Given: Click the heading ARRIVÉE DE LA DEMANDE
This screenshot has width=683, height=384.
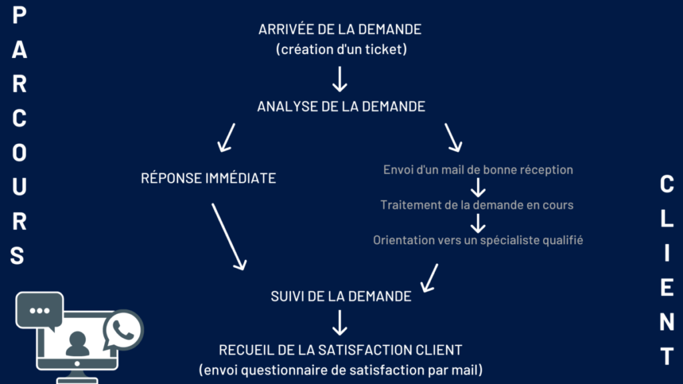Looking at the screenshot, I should point(340,29).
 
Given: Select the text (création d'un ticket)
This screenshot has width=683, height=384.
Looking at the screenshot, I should point(340,49).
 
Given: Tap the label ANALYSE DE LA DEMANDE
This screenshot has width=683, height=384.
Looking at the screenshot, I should point(341,106).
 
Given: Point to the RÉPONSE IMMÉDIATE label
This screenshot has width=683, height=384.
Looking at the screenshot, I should point(209,178).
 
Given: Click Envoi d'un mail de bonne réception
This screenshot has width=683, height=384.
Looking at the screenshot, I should point(478,169).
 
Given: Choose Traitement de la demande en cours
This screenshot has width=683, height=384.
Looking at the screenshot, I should point(477,205).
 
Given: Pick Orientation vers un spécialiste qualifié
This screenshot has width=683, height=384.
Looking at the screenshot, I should point(478,240).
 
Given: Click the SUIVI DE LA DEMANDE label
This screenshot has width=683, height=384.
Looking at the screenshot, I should point(341,296).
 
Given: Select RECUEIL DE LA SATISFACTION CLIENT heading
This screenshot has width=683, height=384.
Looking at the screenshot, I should point(341,349).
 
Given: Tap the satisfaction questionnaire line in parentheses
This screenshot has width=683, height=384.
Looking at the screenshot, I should point(341,369).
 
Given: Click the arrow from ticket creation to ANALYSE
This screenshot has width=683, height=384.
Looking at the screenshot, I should point(340,78).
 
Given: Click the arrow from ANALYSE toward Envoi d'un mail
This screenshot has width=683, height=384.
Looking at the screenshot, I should point(454,137).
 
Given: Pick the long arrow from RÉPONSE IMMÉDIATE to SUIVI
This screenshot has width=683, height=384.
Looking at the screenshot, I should point(228,236).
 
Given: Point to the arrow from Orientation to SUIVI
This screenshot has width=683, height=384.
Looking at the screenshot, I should point(430,277).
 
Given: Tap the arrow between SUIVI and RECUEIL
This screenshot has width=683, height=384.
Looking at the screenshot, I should point(340,323).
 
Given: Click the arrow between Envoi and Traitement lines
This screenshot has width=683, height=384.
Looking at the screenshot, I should point(478,187).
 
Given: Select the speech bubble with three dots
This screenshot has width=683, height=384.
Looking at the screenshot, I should point(39,311).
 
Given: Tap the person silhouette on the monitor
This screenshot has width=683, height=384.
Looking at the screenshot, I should point(77,344).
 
